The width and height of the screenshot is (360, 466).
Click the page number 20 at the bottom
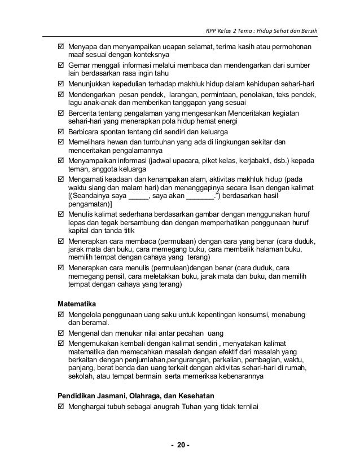(x=180, y=446)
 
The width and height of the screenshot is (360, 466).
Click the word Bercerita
(x=85, y=113)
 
